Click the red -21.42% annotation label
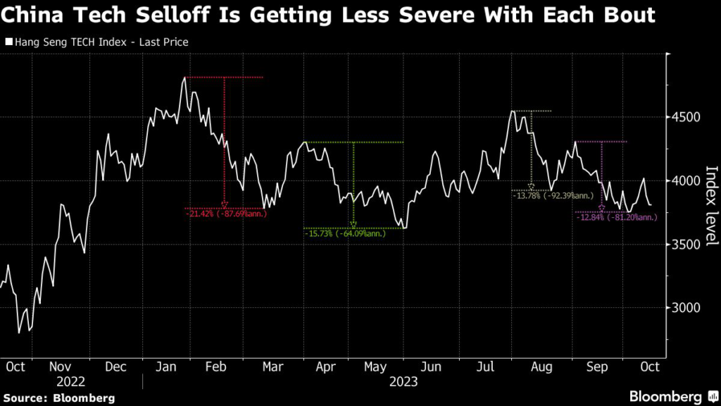pos(226,214)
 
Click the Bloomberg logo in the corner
pos(665,395)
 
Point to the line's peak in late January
pos(184,78)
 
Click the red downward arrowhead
pos(225,205)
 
